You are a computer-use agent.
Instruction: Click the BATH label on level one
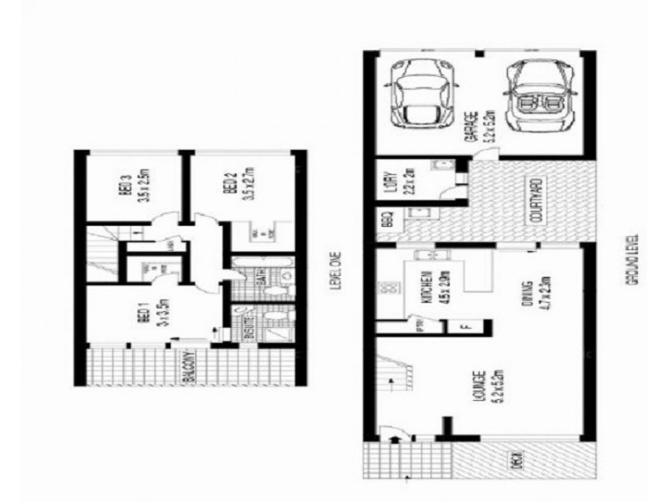pos(262,277)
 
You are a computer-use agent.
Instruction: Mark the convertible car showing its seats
pos(537,94)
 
